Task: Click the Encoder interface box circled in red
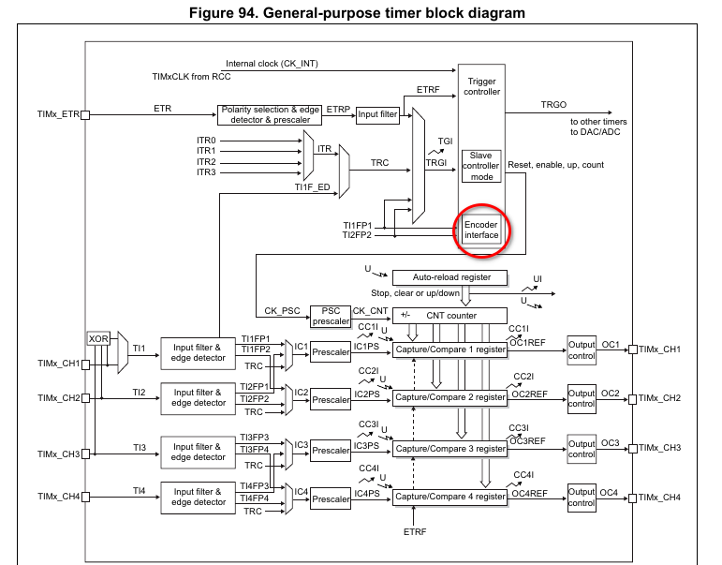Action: click(482, 230)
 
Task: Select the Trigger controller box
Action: click(482, 86)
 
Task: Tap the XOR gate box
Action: click(97, 338)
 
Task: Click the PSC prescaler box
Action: click(330, 317)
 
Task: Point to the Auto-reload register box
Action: click(452, 277)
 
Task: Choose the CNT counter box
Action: click(449, 316)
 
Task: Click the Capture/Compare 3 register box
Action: click(450, 449)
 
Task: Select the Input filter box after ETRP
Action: click(377, 114)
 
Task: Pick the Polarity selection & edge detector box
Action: click(271, 115)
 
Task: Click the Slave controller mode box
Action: click(482, 166)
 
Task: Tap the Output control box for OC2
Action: click(582, 398)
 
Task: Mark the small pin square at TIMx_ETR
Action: click(85, 115)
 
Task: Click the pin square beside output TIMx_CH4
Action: click(633, 497)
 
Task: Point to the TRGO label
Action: click(553, 104)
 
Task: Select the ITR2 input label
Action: click(206, 162)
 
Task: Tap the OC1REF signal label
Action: click(525, 341)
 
